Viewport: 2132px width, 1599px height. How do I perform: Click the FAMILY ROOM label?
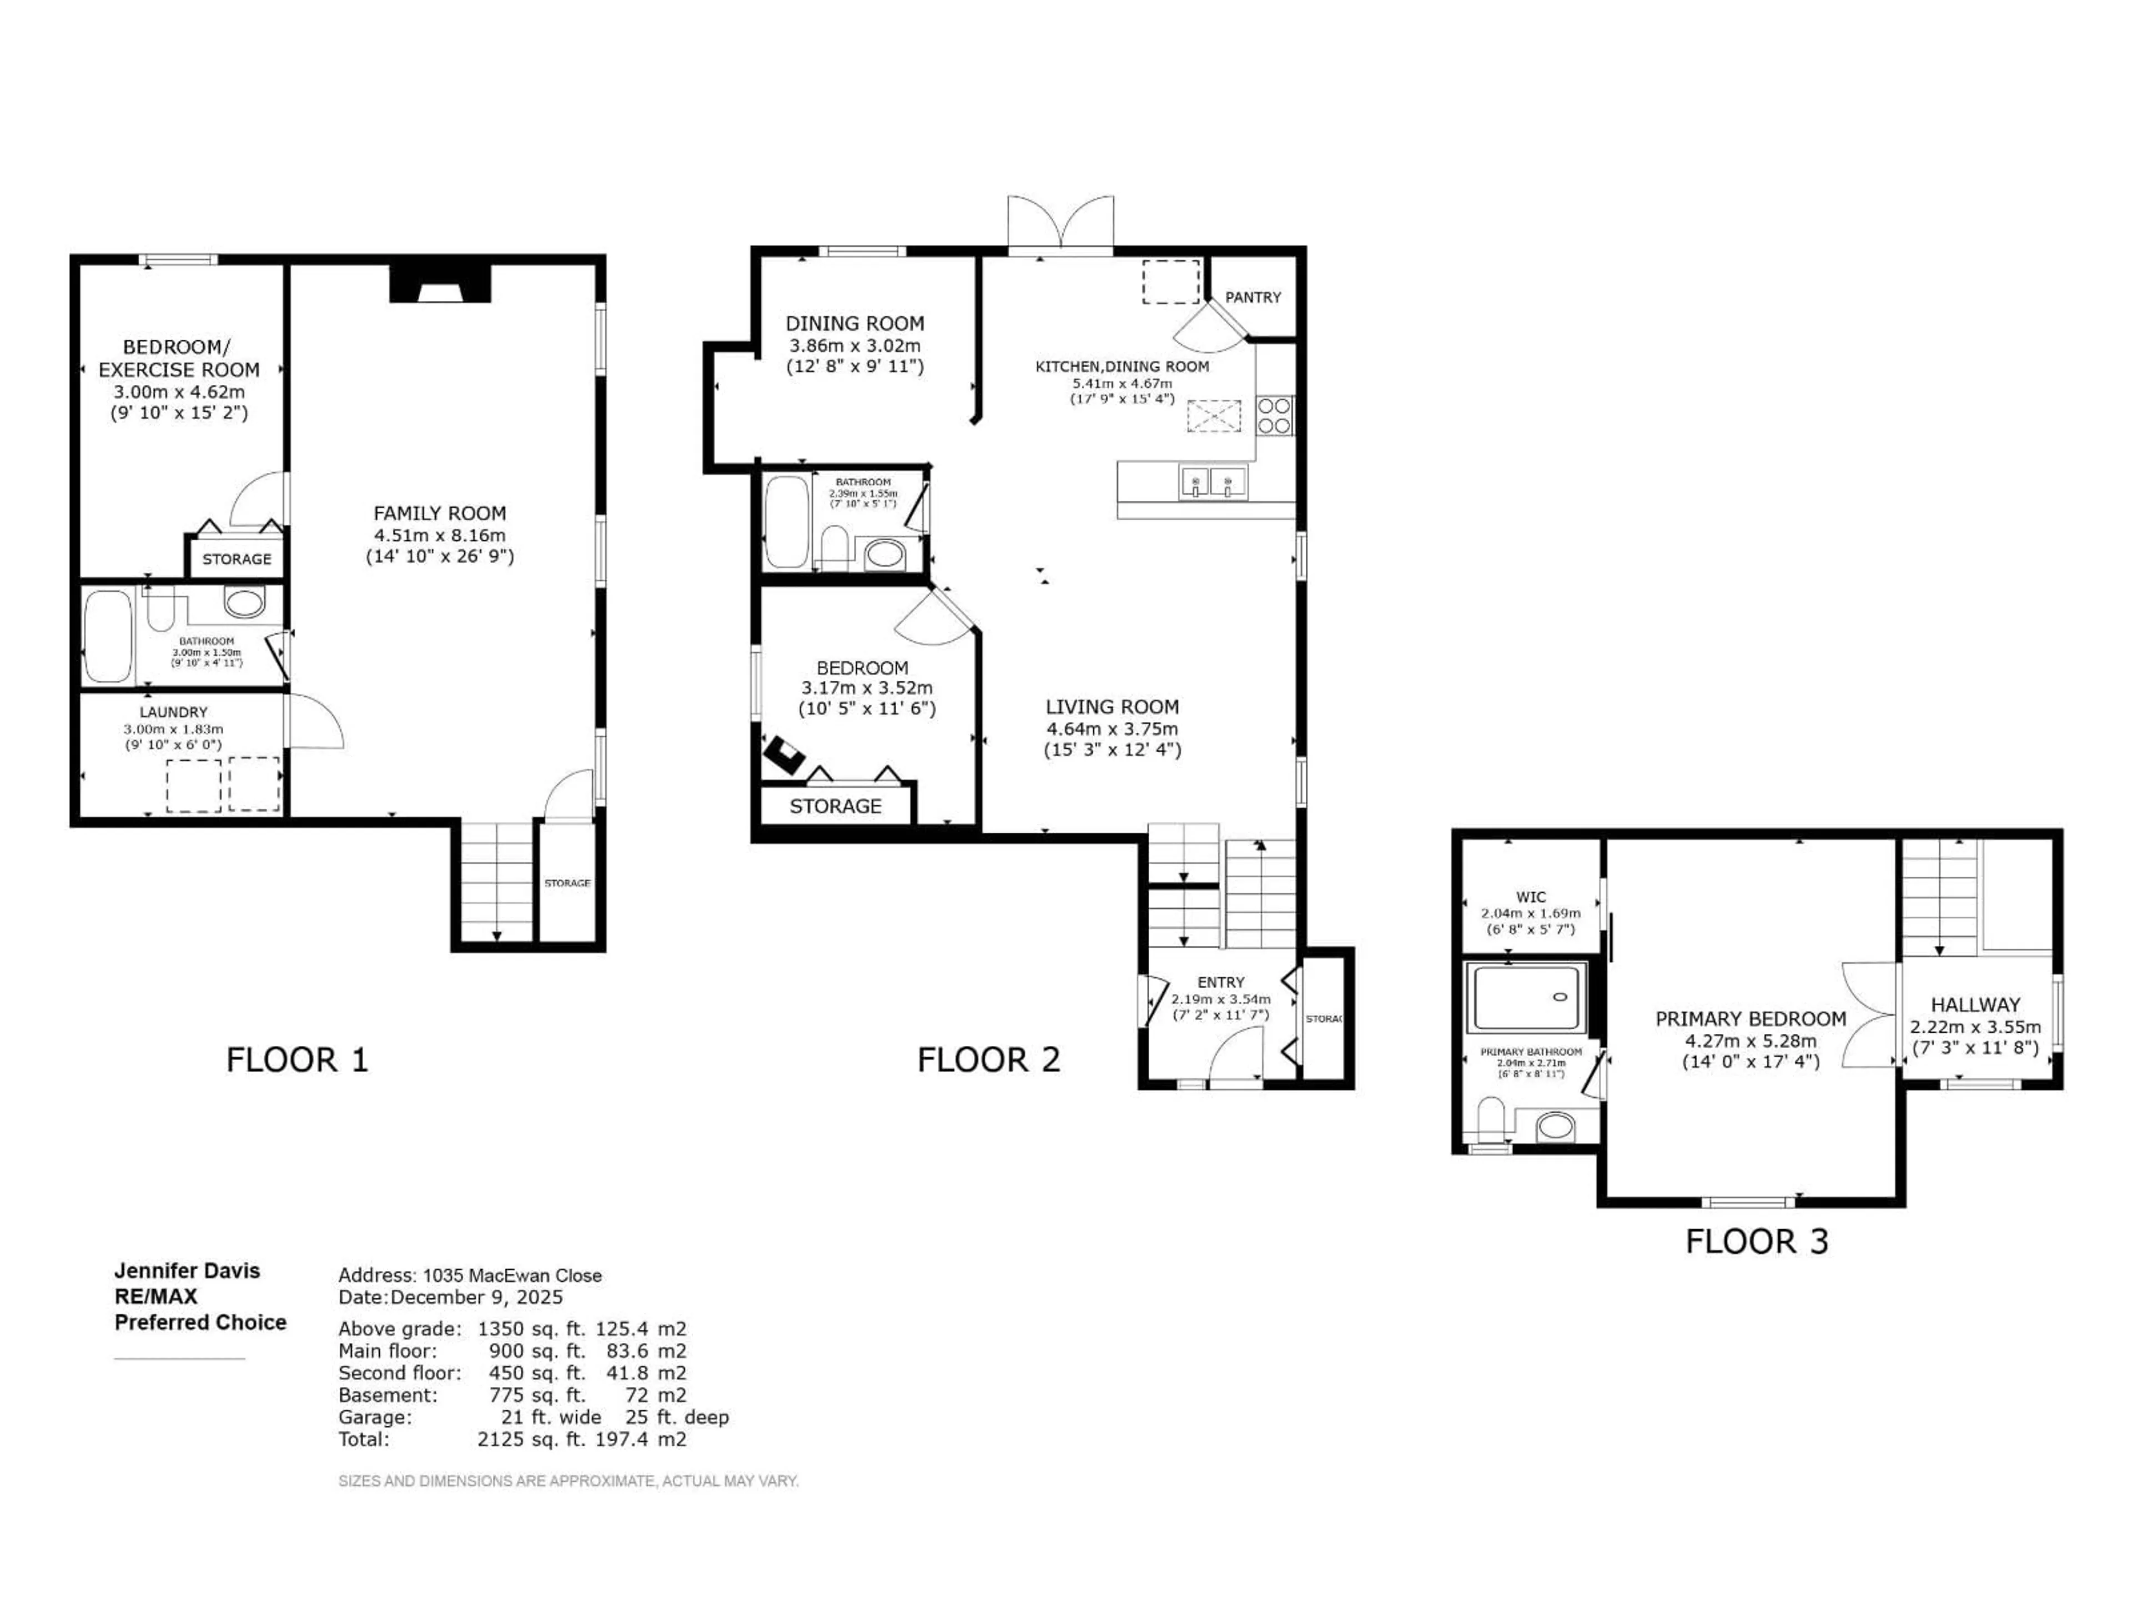[440, 514]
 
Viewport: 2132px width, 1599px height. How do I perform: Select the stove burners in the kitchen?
[1274, 415]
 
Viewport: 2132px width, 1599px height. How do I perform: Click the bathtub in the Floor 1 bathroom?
[107, 636]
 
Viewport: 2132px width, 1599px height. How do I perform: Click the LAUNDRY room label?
[173, 712]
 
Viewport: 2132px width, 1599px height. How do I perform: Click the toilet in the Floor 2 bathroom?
[834, 550]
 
